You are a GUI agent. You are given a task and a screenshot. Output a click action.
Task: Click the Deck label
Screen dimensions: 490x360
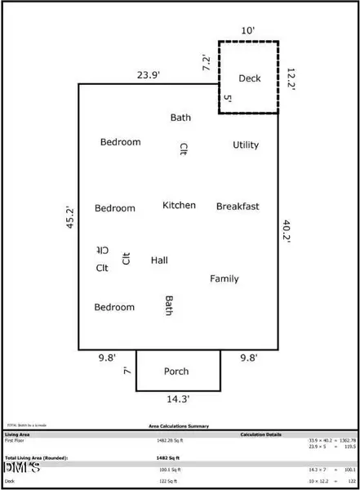coord(249,78)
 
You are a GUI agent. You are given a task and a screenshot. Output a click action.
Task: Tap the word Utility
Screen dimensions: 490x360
coord(246,145)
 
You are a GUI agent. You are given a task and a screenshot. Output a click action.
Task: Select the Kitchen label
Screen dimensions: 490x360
coord(179,205)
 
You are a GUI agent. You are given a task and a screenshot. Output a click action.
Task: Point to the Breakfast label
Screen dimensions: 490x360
coord(238,207)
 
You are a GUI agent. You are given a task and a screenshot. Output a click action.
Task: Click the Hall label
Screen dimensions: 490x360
coord(159,261)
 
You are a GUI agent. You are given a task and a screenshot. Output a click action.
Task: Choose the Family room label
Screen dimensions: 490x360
coord(224,279)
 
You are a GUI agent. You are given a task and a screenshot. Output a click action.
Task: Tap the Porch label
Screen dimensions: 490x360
coord(177,372)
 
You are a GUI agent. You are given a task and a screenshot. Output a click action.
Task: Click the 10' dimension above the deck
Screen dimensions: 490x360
coord(247,31)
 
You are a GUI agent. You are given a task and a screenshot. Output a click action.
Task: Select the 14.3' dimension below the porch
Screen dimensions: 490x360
coord(177,400)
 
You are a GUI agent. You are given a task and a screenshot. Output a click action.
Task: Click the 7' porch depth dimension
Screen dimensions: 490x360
coord(127,371)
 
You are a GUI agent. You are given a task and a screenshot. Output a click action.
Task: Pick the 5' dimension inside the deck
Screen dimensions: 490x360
coord(228,99)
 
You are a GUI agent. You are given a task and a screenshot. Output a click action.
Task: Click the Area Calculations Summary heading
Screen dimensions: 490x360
coord(178,425)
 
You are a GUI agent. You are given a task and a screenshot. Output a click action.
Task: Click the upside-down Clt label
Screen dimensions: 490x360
coord(102,249)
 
